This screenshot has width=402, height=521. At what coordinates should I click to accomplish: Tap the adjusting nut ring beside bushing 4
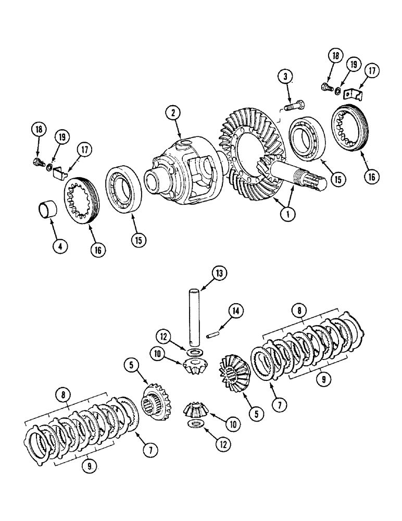[x=80, y=201]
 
